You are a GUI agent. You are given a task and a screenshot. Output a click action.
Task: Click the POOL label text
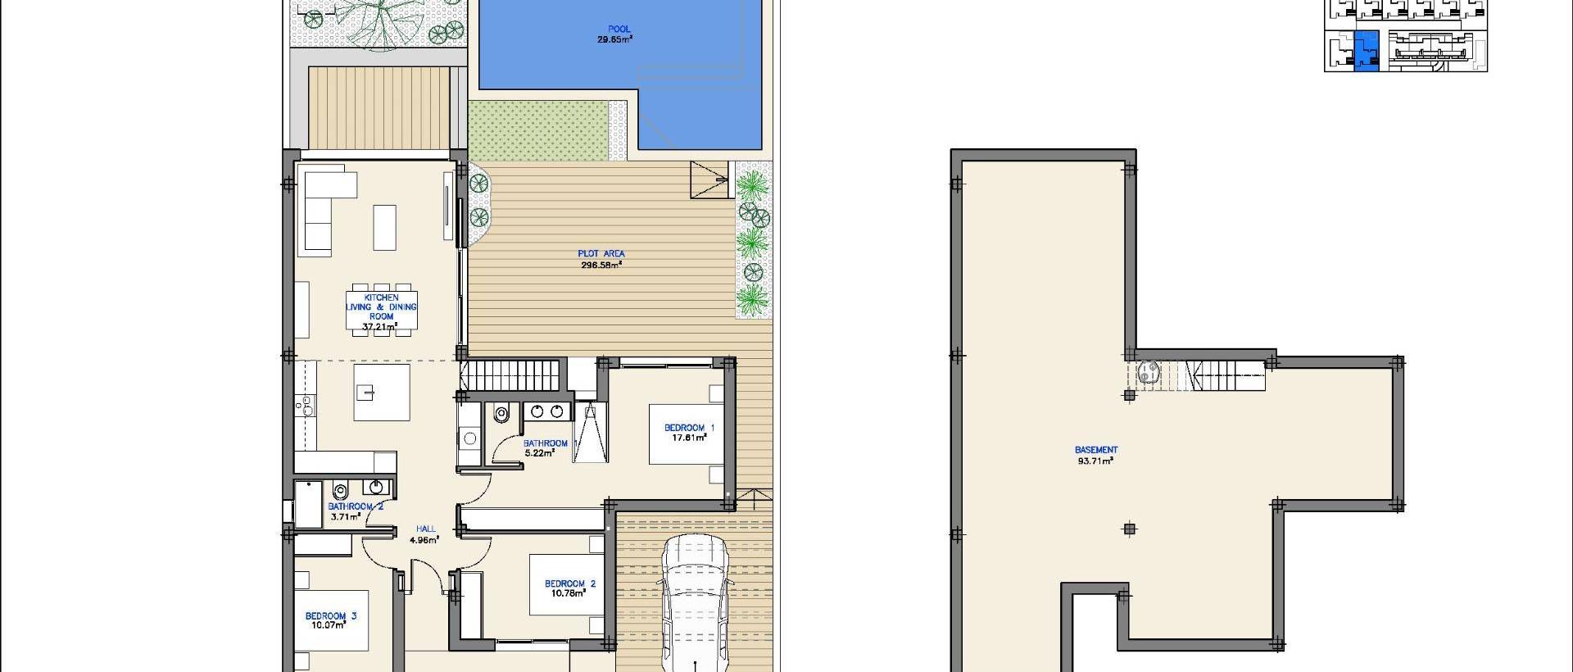tap(619, 30)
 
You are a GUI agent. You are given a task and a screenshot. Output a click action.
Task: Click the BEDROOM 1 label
tap(689, 428)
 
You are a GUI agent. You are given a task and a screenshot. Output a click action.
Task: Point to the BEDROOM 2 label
tap(570, 584)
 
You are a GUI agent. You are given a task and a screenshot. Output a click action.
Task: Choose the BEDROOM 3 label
tap(331, 616)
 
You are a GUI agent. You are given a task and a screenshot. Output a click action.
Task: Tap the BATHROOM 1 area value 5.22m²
tap(539, 452)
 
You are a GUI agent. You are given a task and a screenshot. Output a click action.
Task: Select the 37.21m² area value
tap(381, 326)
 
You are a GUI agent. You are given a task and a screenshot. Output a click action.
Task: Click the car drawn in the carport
tap(696, 598)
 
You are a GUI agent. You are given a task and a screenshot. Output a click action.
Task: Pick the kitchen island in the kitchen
tap(382, 393)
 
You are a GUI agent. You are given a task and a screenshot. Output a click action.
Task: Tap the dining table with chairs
tap(382, 310)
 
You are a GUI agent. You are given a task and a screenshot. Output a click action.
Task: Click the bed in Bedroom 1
tap(687, 434)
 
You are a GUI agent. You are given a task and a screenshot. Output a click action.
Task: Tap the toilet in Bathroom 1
tap(502, 415)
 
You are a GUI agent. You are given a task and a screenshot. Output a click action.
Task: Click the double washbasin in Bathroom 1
tap(549, 411)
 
